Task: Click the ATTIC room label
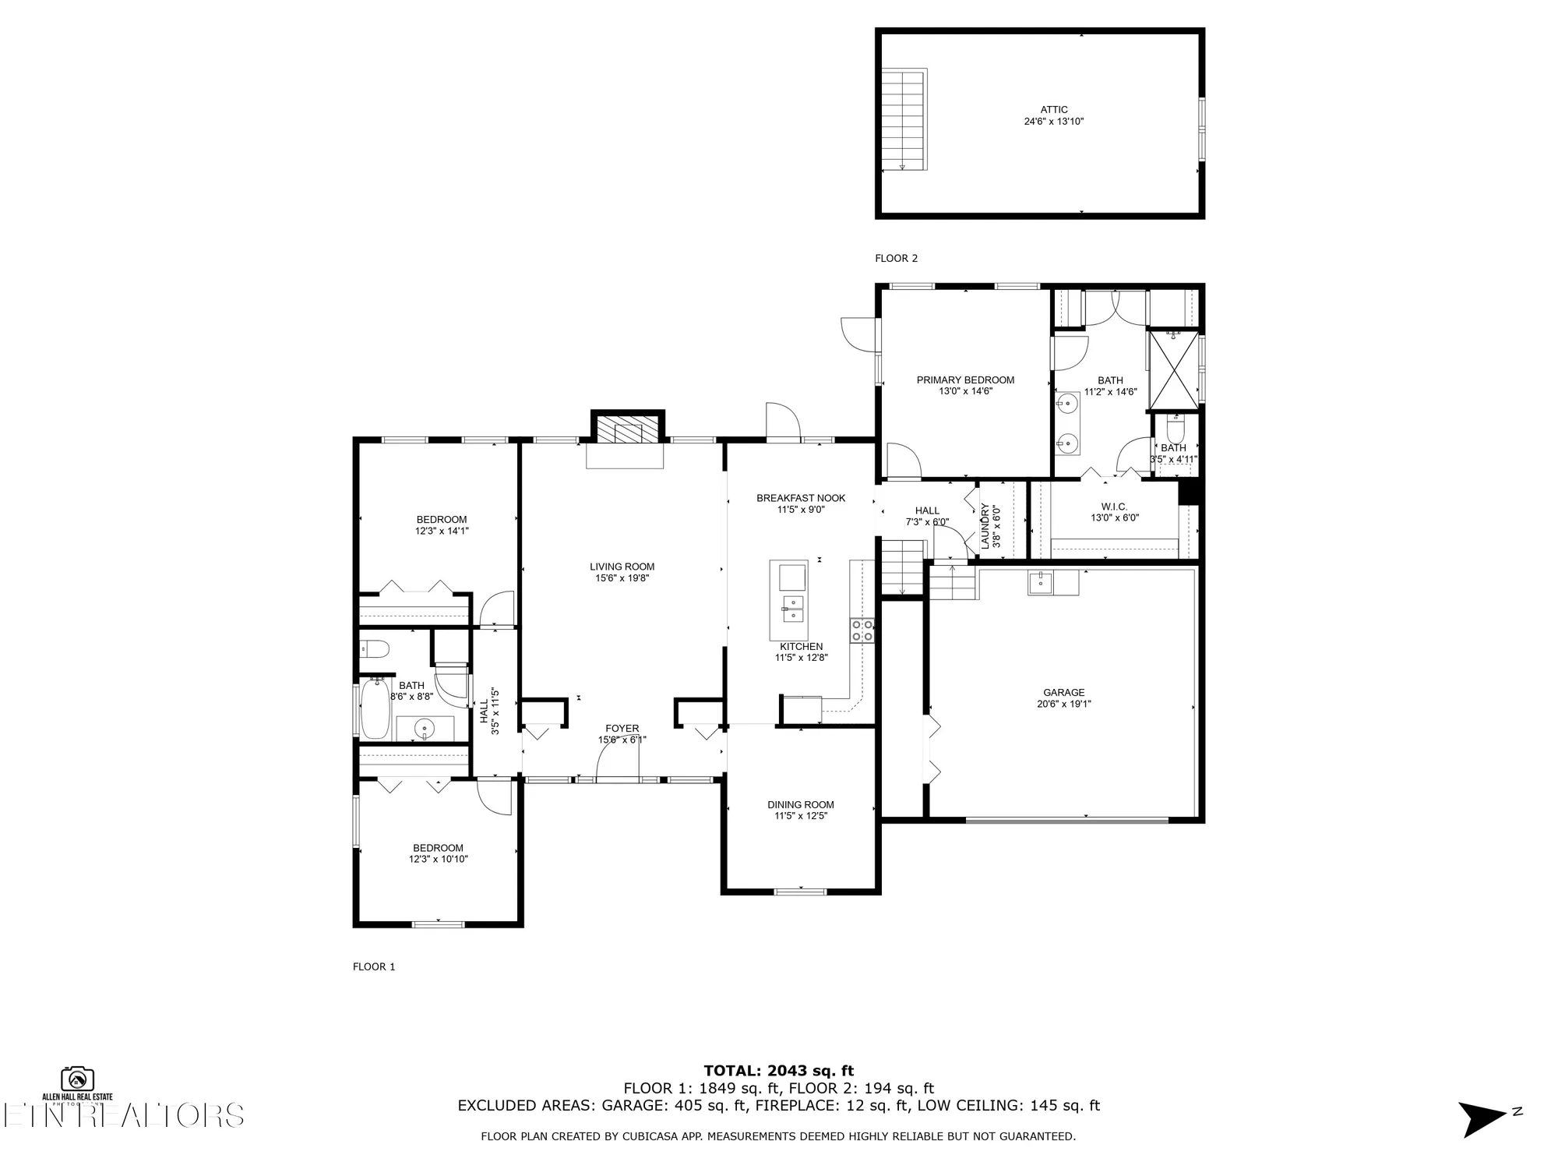point(1053,110)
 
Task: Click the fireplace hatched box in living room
point(627,429)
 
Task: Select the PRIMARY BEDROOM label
point(965,380)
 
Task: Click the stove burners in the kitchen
point(862,630)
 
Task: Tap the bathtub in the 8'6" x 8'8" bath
point(375,708)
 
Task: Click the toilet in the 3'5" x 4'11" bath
point(1175,429)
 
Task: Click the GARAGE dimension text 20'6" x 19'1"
point(1063,704)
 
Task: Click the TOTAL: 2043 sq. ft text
point(778,1071)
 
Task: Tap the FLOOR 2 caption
point(896,258)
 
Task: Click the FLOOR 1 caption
point(374,966)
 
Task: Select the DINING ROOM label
point(800,805)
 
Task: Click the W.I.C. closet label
point(1114,507)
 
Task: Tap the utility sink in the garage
point(1041,582)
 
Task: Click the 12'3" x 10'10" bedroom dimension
point(438,859)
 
